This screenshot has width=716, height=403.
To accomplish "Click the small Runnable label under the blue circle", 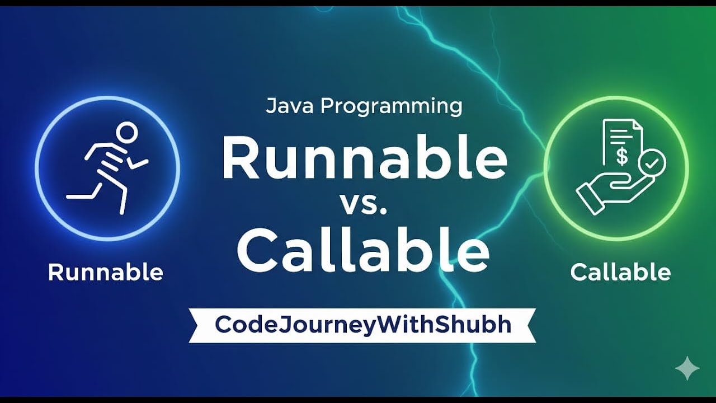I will click(x=106, y=273).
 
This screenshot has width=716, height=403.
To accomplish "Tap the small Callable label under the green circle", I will click(x=620, y=273).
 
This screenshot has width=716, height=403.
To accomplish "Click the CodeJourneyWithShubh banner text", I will click(x=363, y=325).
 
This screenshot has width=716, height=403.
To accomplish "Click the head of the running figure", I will click(x=126, y=133).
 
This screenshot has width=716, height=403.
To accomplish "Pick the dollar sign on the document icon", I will click(x=621, y=156).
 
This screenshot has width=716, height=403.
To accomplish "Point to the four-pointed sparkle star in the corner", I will click(x=687, y=368).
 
